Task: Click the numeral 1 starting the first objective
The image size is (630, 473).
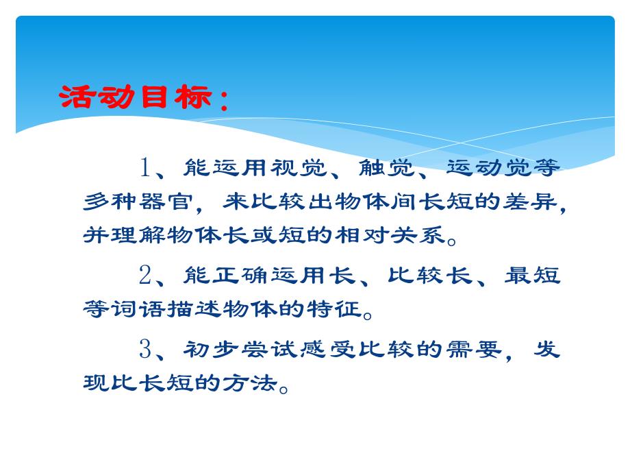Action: coord(145,167)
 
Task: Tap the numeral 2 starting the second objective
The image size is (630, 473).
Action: coord(145,276)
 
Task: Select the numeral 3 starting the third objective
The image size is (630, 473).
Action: coord(145,349)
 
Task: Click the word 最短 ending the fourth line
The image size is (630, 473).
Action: coord(533,276)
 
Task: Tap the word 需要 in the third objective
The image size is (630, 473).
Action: coord(475,349)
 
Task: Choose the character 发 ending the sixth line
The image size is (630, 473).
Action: coord(546,349)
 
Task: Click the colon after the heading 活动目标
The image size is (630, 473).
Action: coord(223,103)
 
